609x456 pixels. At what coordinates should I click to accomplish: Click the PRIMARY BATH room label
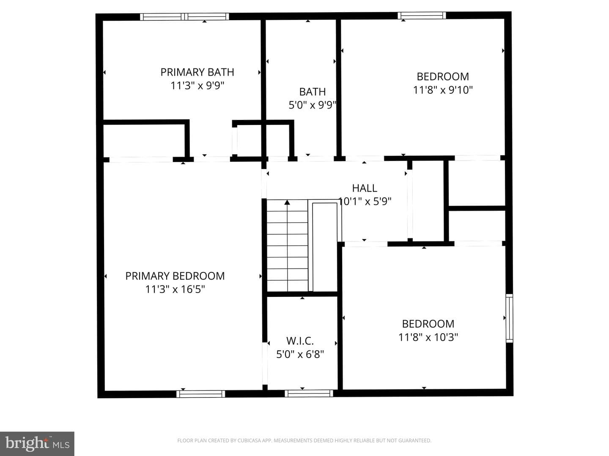[197, 72]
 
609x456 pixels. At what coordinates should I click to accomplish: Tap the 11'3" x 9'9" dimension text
[197, 86]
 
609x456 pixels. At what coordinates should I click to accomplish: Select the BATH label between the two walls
[313, 92]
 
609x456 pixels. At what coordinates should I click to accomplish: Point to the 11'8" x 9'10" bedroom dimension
[443, 90]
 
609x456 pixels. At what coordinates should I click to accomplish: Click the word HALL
[365, 188]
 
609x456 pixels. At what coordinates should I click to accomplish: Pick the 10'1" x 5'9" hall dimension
[365, 201]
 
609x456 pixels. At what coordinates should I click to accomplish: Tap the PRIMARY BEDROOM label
[175, 276]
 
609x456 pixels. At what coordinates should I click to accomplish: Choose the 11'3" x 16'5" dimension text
[175, 289]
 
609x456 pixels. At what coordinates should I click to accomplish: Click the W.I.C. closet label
[300, 341]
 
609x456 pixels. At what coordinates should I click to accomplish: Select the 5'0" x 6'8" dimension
[300, 354]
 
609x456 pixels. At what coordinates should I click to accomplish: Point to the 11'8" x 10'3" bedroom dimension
[428, 337]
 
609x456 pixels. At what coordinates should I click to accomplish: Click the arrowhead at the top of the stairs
[287, 202]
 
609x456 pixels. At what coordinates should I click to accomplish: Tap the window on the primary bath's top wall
[184, 16]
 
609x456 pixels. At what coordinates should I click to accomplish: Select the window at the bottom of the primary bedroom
[200, 394]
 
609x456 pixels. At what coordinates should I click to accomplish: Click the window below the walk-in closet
[309, 394]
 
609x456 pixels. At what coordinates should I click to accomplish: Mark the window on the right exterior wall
[509, 318]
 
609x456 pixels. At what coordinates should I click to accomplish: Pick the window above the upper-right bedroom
[422, 16]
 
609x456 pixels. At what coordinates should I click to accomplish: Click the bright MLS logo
[37, 444]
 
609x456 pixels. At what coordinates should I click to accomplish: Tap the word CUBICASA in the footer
[249, 440]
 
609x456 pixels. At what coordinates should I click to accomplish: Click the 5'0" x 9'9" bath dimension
[313, 105]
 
